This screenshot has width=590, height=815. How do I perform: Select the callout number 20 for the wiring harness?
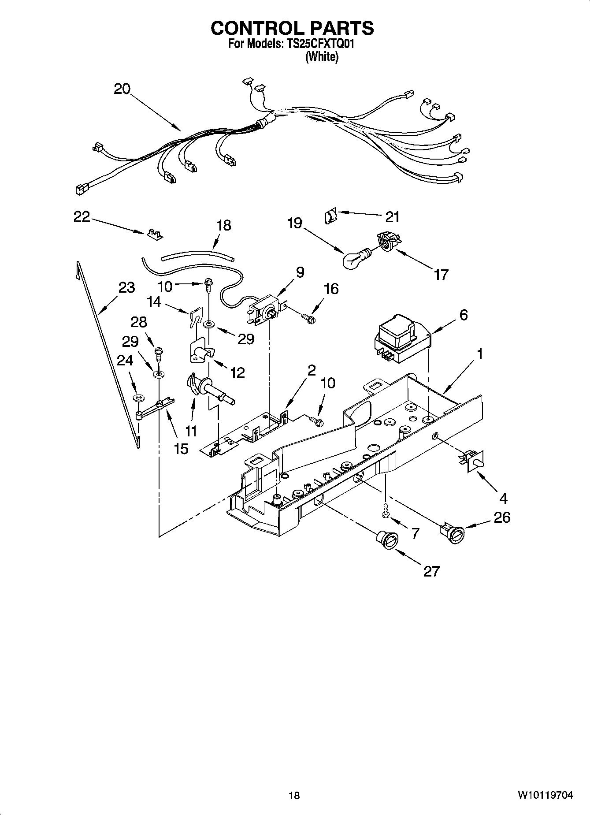[x=122, y=89]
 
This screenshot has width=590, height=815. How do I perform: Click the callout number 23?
[x=126, y=287]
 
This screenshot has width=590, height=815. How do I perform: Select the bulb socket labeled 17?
[x=387, y=243]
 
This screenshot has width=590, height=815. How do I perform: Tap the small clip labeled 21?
[x=330, y=216]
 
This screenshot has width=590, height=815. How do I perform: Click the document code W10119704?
[x=545, y=796]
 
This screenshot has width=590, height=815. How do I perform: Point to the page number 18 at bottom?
[x=294, y=796]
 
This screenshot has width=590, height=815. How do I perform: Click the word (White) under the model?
[x=322, y=57]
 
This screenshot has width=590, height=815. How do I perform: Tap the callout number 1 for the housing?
[x=479, y=354]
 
